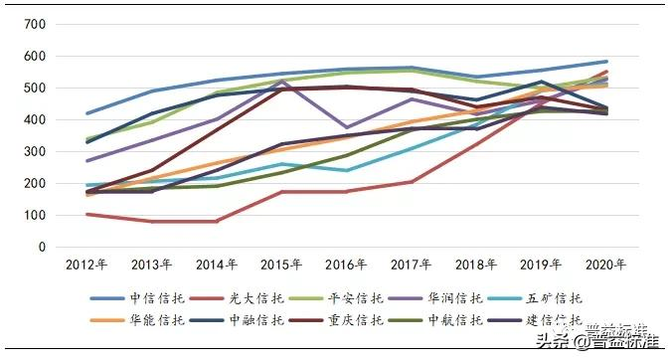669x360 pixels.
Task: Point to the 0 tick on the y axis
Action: coord(42,248)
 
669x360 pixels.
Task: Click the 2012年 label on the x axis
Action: coord(85,265)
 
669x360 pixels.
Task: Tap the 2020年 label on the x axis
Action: coord(605,265)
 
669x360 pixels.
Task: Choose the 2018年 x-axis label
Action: coord(477,265)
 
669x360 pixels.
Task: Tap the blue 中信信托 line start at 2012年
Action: coord(88,113)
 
